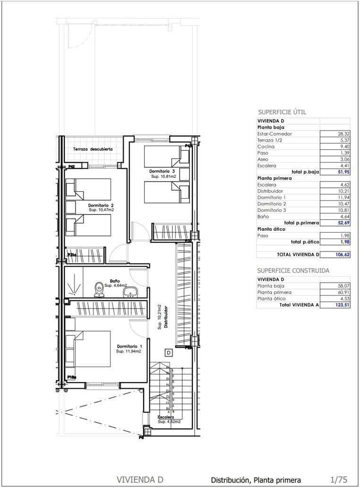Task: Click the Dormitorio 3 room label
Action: [x=162, y=171]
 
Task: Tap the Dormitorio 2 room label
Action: [x=101, y=206]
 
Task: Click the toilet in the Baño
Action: [x=99, y=288]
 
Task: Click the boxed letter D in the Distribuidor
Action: [x=169, y=352]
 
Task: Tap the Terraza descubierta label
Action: [x=93, y=149]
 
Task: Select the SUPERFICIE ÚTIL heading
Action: [x=282, y=112]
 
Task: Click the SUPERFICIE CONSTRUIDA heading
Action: [x=293, y=270]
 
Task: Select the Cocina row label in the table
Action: [x=266, y=147]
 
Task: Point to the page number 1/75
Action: [x=339, y=480]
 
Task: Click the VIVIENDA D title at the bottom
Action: [x=140, y=480]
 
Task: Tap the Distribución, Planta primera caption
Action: [x=256, y=480]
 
